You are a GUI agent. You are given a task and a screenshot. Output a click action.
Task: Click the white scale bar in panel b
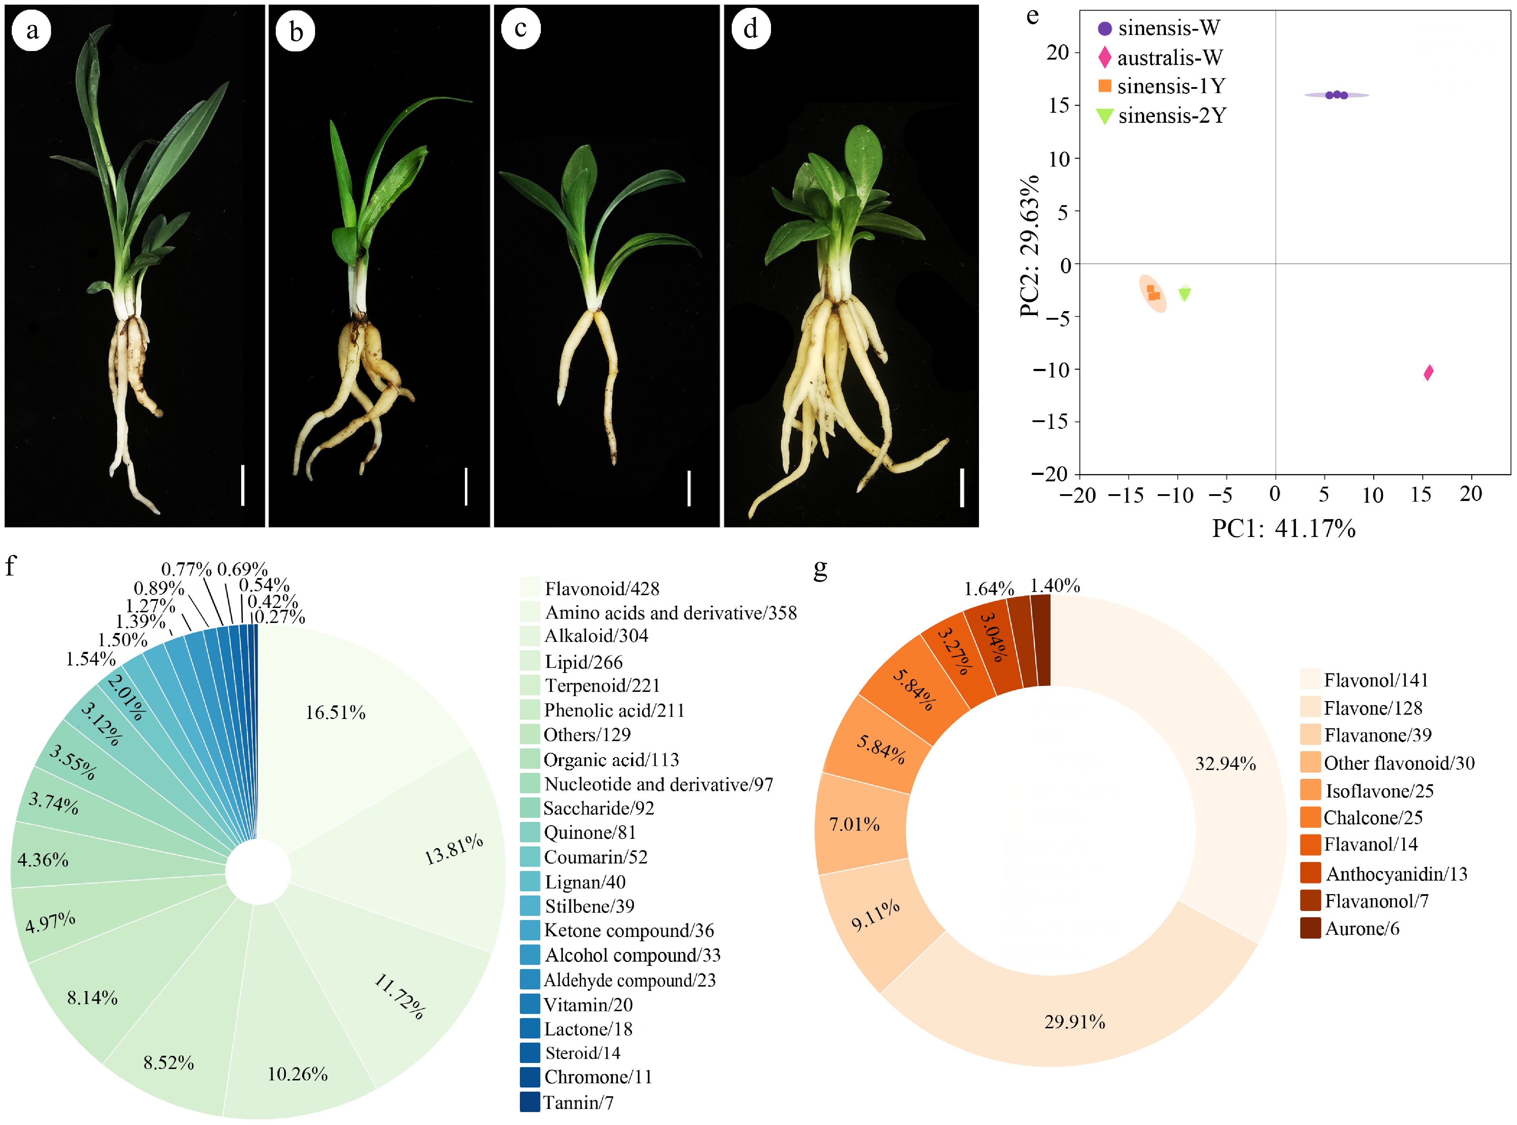[466, 486]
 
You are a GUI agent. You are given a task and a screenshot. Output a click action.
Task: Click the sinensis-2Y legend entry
[1161, 116]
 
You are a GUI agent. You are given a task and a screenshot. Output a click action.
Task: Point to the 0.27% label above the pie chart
[279, 617]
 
